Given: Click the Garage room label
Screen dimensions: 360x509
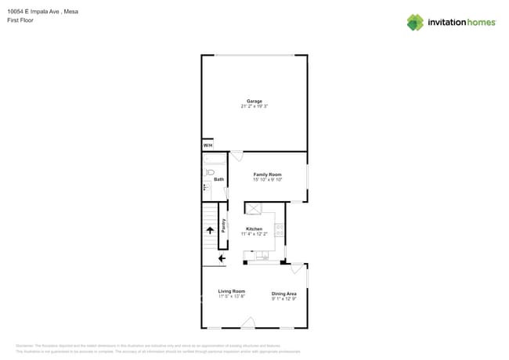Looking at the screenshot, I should pos(254,101).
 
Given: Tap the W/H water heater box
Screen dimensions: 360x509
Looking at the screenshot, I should pos(208,146).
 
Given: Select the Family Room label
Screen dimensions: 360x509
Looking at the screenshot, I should pos(267,175).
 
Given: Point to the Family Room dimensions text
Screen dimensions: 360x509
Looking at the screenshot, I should pos(267,180).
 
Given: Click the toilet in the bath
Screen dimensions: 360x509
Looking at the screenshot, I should pos(208,187).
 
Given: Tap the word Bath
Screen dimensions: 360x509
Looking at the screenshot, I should pos(218,179).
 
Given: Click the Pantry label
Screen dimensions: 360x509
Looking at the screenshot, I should pos(223,225).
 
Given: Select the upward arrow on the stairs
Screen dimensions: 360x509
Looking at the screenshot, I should pos(210,229).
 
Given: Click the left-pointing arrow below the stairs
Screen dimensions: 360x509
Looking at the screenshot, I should pos(222,257).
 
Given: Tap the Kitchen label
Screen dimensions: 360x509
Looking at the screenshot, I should pos(254,229).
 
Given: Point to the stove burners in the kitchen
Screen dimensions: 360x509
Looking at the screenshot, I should pos(279,230).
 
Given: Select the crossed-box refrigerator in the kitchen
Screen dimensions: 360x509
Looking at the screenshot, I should pos(254,208).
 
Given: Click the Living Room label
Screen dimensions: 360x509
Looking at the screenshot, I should pos(231,291).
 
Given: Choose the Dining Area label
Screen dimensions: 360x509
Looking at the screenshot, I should pos(283,293).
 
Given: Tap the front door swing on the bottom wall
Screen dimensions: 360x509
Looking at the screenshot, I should pos(247,322).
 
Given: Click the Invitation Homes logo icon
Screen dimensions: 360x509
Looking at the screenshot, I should pos(415,23).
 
